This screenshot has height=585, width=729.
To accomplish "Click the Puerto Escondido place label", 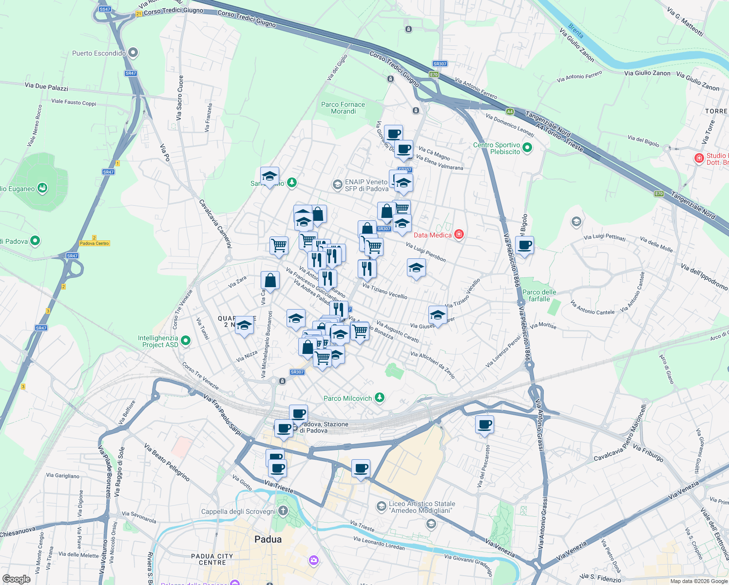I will (98, 53).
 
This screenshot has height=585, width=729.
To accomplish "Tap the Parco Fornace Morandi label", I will (343, 108).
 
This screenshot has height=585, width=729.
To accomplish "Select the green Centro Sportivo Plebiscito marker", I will (527, 147).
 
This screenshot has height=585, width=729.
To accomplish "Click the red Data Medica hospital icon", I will (459, 234).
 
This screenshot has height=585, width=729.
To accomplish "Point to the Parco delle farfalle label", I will (539, 295).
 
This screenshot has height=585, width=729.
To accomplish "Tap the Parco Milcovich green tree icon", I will (380, 398).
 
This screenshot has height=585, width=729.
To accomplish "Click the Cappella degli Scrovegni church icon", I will (283, 511).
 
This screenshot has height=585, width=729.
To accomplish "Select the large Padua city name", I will (268, 539).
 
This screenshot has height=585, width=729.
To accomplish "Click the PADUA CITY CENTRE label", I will (212, 559).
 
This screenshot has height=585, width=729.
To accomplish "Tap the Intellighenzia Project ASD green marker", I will (186, 341).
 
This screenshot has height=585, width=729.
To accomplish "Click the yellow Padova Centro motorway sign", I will (95, 243).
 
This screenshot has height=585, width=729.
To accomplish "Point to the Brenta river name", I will (576, 31).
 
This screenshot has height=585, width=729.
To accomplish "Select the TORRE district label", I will (716, 111).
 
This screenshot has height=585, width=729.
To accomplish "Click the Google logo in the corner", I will (17, 579).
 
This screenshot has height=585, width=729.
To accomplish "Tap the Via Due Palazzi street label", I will (46, 87).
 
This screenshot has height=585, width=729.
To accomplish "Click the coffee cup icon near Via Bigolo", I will (524, 245).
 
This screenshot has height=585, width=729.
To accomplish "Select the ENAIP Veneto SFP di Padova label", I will (366, 185).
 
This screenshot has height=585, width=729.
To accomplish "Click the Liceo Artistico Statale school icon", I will (381, 507).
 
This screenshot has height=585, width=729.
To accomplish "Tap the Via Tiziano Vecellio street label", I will (385, 291).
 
